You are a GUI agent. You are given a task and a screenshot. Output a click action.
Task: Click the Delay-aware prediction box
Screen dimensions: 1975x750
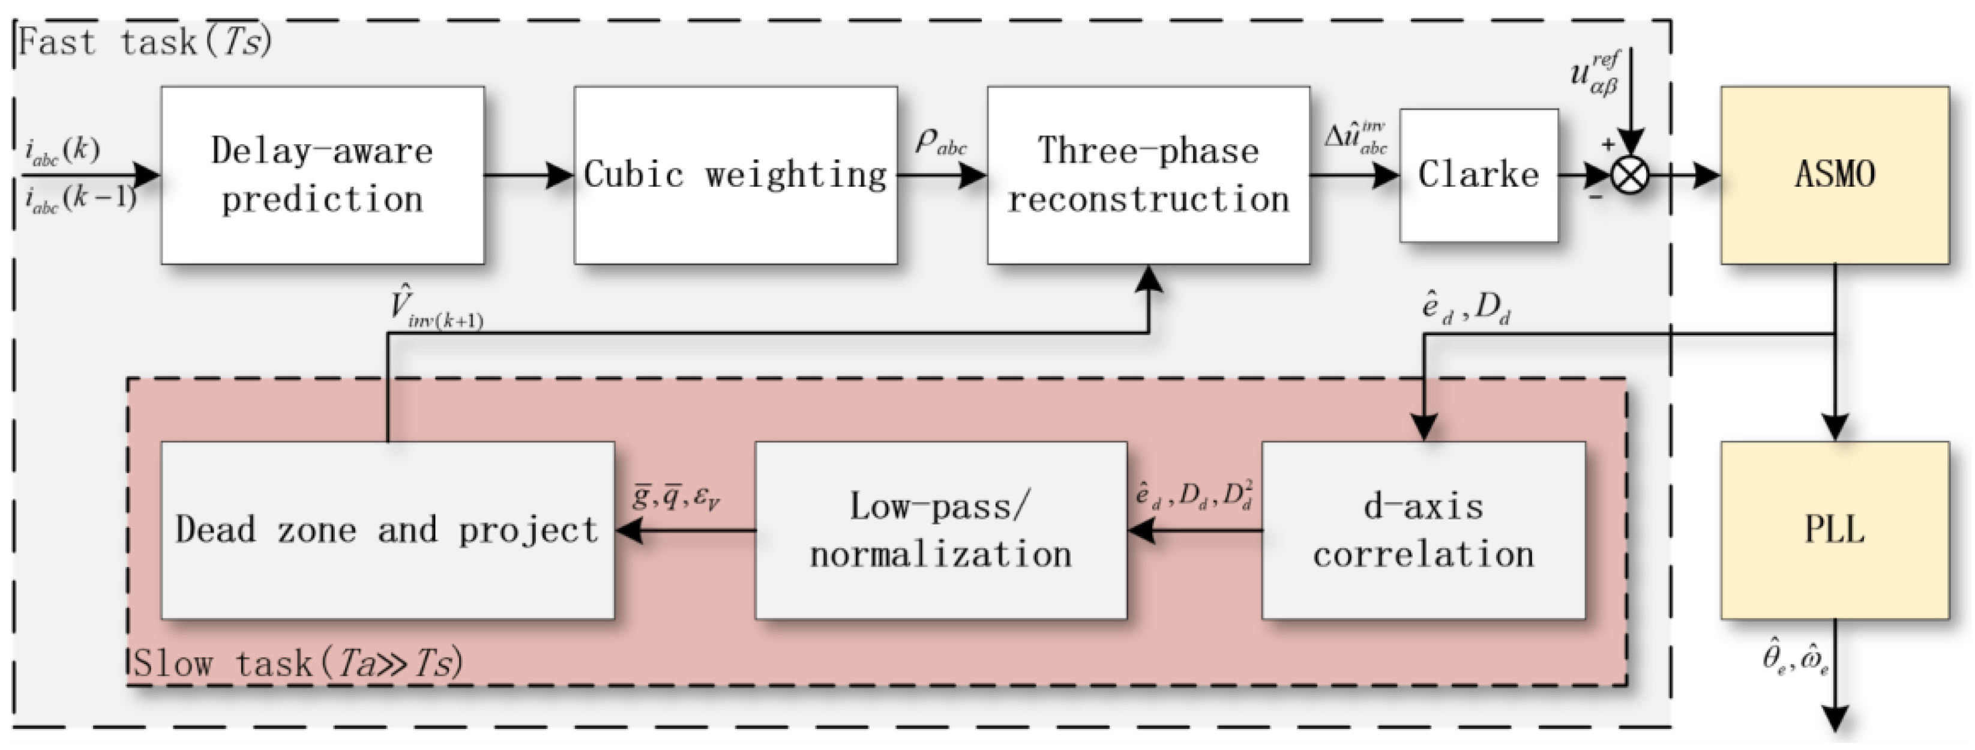pyautogui.click(x=322, y=175)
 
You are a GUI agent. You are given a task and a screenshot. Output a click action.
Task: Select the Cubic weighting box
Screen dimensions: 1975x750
pyautogui.click(x=736, y=175)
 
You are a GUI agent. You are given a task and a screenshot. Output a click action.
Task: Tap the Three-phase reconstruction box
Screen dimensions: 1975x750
pyautogui.click(x=1149, y=175)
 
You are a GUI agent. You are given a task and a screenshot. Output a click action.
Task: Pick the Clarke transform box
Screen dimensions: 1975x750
pyautogui.click(x=1479, y=175)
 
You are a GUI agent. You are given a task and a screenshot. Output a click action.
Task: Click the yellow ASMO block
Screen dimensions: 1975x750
pyautogui.click(x=1835, y=175)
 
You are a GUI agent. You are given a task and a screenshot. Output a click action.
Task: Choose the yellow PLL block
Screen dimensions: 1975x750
pyautogui.click(x=1835, y=530)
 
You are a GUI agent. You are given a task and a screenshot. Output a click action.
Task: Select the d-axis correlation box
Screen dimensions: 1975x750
pyautogui.click(x=1423, y=530)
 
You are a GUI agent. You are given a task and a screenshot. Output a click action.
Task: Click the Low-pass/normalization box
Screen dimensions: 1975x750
pyautogui.click(x=941, y=530)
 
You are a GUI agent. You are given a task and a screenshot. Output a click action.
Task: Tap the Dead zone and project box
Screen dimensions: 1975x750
pyautogui.click(x=387, y=530)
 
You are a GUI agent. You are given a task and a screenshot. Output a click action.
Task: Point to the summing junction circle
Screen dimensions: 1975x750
pyautogui.click(x=1630, y=175)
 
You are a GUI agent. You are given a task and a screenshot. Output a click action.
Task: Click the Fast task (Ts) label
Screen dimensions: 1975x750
pyautogui.click(x=145, y=42)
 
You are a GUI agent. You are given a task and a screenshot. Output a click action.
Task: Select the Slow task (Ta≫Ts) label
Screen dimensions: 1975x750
pyautogui.click(x=298, y=662)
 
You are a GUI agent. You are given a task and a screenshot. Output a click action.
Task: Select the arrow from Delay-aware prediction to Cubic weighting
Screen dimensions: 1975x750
pyautogui.click(x=529, y=175)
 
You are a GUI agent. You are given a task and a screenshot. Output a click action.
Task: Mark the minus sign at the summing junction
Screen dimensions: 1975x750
pyautogui.click(x=1596, y=198)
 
